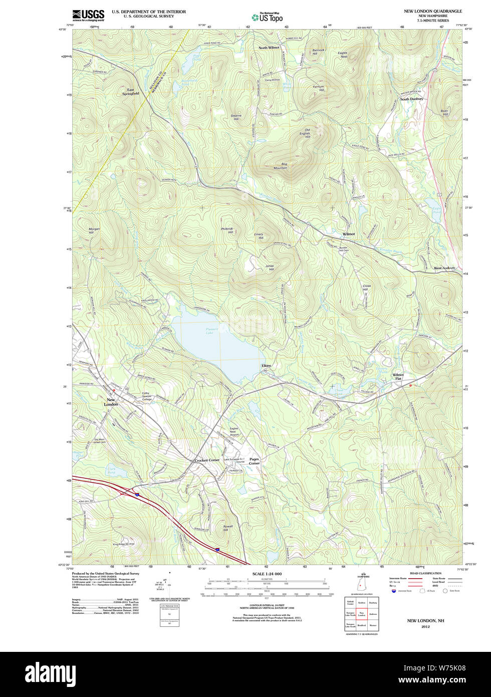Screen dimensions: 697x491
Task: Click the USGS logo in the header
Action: pyautogui.click(x=88, y=15)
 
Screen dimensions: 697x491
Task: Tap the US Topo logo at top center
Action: pyautogui.click(x=267, y=17)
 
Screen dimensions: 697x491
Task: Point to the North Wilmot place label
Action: pyautogui.click(x=269, y=48)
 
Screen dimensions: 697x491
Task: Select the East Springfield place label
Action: pyautogui.click(x=130, y=92)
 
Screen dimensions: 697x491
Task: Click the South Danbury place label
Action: pyautogui.click(x=411, y=99)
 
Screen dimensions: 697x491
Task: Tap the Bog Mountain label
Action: pyautogui.click(x=281, y=166)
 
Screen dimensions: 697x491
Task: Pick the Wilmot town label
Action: pyautogui.click(x=349, y=234)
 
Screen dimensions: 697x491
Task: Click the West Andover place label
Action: pyautogui.click(x=444, y=268)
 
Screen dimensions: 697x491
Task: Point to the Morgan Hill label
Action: pyautogui.click(x=94, y=231)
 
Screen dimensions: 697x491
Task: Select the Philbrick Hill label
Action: pyautogui.click(x=227, y=231)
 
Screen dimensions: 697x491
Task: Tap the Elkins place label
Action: pyautogui.click(x=266, y=366)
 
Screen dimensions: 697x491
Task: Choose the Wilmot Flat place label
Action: pyautogui.click(x=398, y=377)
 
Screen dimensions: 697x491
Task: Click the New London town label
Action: pyautogui.click(x=111, y=402)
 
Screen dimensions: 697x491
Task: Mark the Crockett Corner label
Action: pyautogui.click(x=207, y=460)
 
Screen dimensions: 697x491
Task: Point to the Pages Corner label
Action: pyautogui.click(x=255, y=461)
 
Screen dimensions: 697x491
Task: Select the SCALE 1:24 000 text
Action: pyautogui.click(x=267, y=574)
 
